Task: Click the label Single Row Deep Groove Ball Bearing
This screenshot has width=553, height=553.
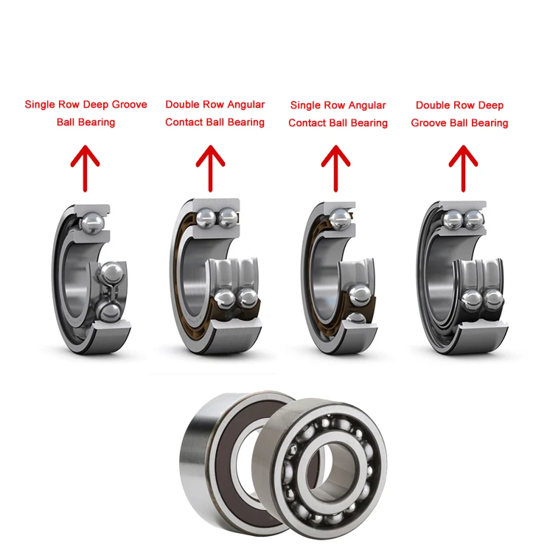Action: pyautogui.click(x=86, y=113)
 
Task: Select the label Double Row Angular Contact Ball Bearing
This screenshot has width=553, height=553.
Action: pyautogui.click(x=215, y=113)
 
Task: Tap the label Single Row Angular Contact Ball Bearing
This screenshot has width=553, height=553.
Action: pyautogui.click(x=338, y=114)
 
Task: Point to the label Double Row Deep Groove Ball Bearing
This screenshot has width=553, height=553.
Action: pyautogui.click(x=459, y=114)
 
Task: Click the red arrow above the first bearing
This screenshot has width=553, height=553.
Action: pyautogui.click(x=86, y=167)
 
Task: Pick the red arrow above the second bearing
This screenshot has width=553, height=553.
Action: pyautogui.click(x=212, y=167)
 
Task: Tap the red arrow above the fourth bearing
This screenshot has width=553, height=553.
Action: pyautogui.click(x=463, y=167)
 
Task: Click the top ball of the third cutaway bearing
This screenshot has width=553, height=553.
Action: pyautogui.click(x=341, y=218)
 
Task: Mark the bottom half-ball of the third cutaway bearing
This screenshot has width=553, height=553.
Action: pyautogui.click(x=356, y=318)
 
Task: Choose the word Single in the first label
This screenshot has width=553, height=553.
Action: pyautogui.click(x=40, y=105)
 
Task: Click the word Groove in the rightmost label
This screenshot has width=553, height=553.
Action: pyautogui.click(x=428, y=122)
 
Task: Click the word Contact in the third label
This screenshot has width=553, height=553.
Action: pyautogui.click(x=306, y=122)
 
